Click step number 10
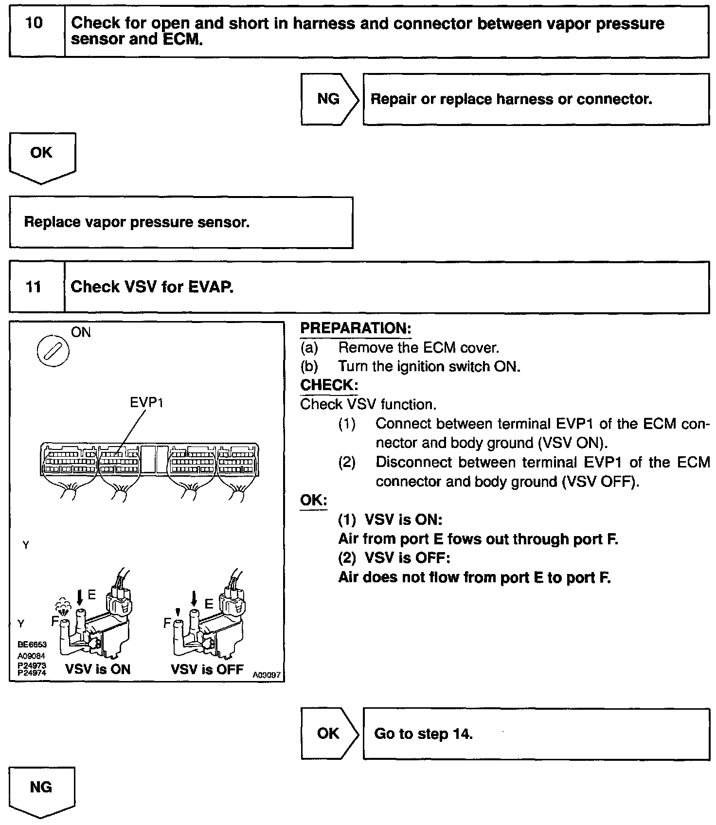pyautogui.click(x=34, y=23)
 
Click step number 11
pyautogui.click(x=34, y=287)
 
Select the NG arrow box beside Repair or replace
pyautogui.click(x=329, y=99)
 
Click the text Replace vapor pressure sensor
pyautogui.click(x=137, y=222)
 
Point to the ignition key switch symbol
pyautogui.click(x=53, y=351)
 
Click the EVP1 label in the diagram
pyautogui.click(x=146, y=403)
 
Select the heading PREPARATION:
pyautogui.click(x=356, y=328)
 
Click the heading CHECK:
pyautogui.click(x=329, y=385)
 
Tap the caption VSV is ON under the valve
pyautogui.click(x=98, y=669)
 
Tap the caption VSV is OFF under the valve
pyautogui.click(x=207, y=669)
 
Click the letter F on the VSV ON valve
pyautogui.click(x=55, y=621)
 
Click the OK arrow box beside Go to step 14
pyautogui.click(x=329, y=734)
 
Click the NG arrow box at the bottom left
pyautogui.click(x=41, y=788)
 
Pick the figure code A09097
pyautogui.click(x=267, y=675)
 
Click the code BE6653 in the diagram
pyautogui.click(x=32, y=645)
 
